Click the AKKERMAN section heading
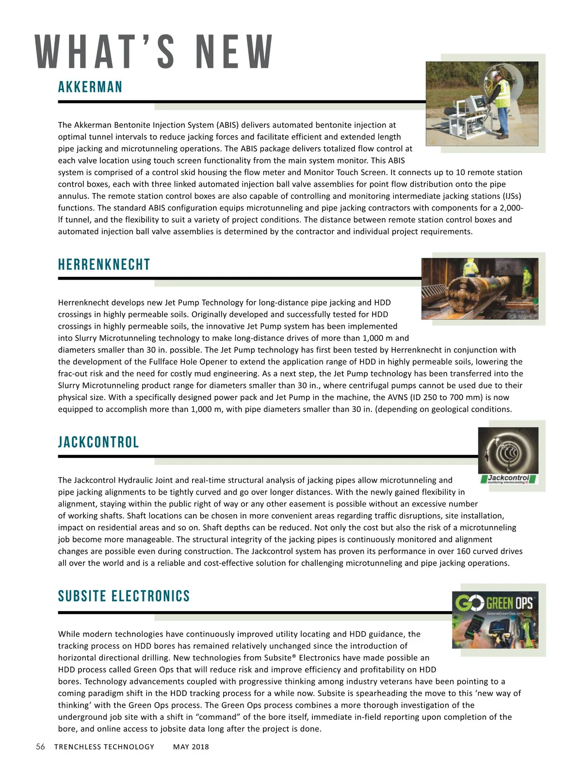tap(90, 87)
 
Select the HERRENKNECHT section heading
tap(104, 265)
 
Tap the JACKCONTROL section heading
tap(98, 442)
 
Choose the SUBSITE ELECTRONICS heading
tap(124, 596)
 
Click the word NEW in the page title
tap(234, 52)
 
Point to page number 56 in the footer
tap(40, 747)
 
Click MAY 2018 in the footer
tap(191, 747)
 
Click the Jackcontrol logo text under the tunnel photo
tap(508, 478)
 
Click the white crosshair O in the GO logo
tap(476, 603)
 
